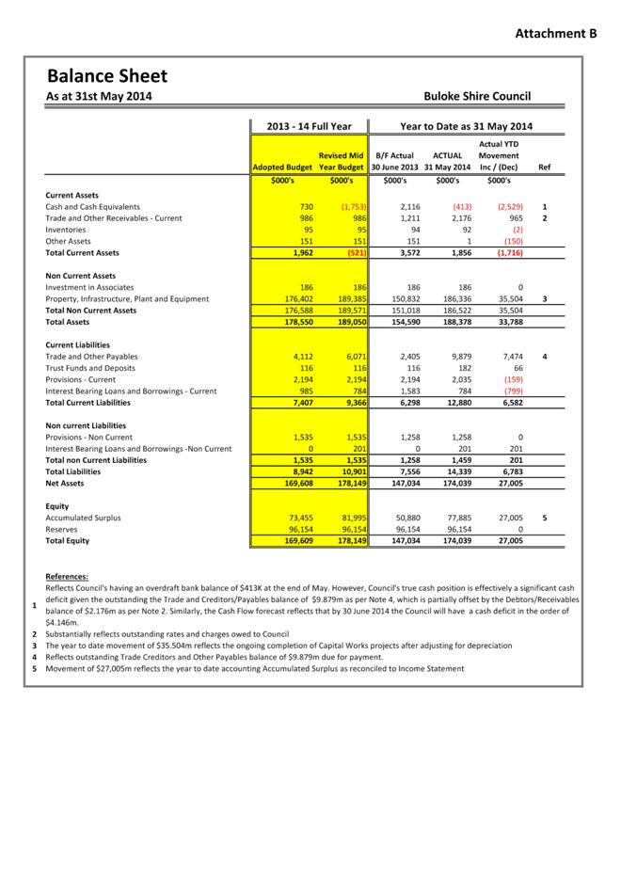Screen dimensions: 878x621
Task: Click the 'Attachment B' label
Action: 556,34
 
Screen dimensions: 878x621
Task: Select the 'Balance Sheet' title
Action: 106,76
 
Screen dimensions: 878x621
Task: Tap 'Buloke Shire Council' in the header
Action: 477,96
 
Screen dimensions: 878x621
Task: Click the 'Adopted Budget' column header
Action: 281,167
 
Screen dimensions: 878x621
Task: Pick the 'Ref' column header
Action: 544,167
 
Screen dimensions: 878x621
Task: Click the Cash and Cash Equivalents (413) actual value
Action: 461,207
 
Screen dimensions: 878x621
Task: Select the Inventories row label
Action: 68,230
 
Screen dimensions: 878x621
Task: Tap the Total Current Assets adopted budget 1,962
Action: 299,253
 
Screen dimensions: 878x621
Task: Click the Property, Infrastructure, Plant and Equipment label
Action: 127,299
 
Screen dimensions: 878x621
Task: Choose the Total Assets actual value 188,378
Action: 454,322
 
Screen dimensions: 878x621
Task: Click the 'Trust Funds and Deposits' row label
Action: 90,368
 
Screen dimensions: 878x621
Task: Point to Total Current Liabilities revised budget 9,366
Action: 351,403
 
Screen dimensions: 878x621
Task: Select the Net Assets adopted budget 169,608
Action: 296,483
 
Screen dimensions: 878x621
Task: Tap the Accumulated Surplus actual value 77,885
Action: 455,518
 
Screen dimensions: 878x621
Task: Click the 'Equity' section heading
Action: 58,505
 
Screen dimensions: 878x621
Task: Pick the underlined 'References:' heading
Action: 68,576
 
